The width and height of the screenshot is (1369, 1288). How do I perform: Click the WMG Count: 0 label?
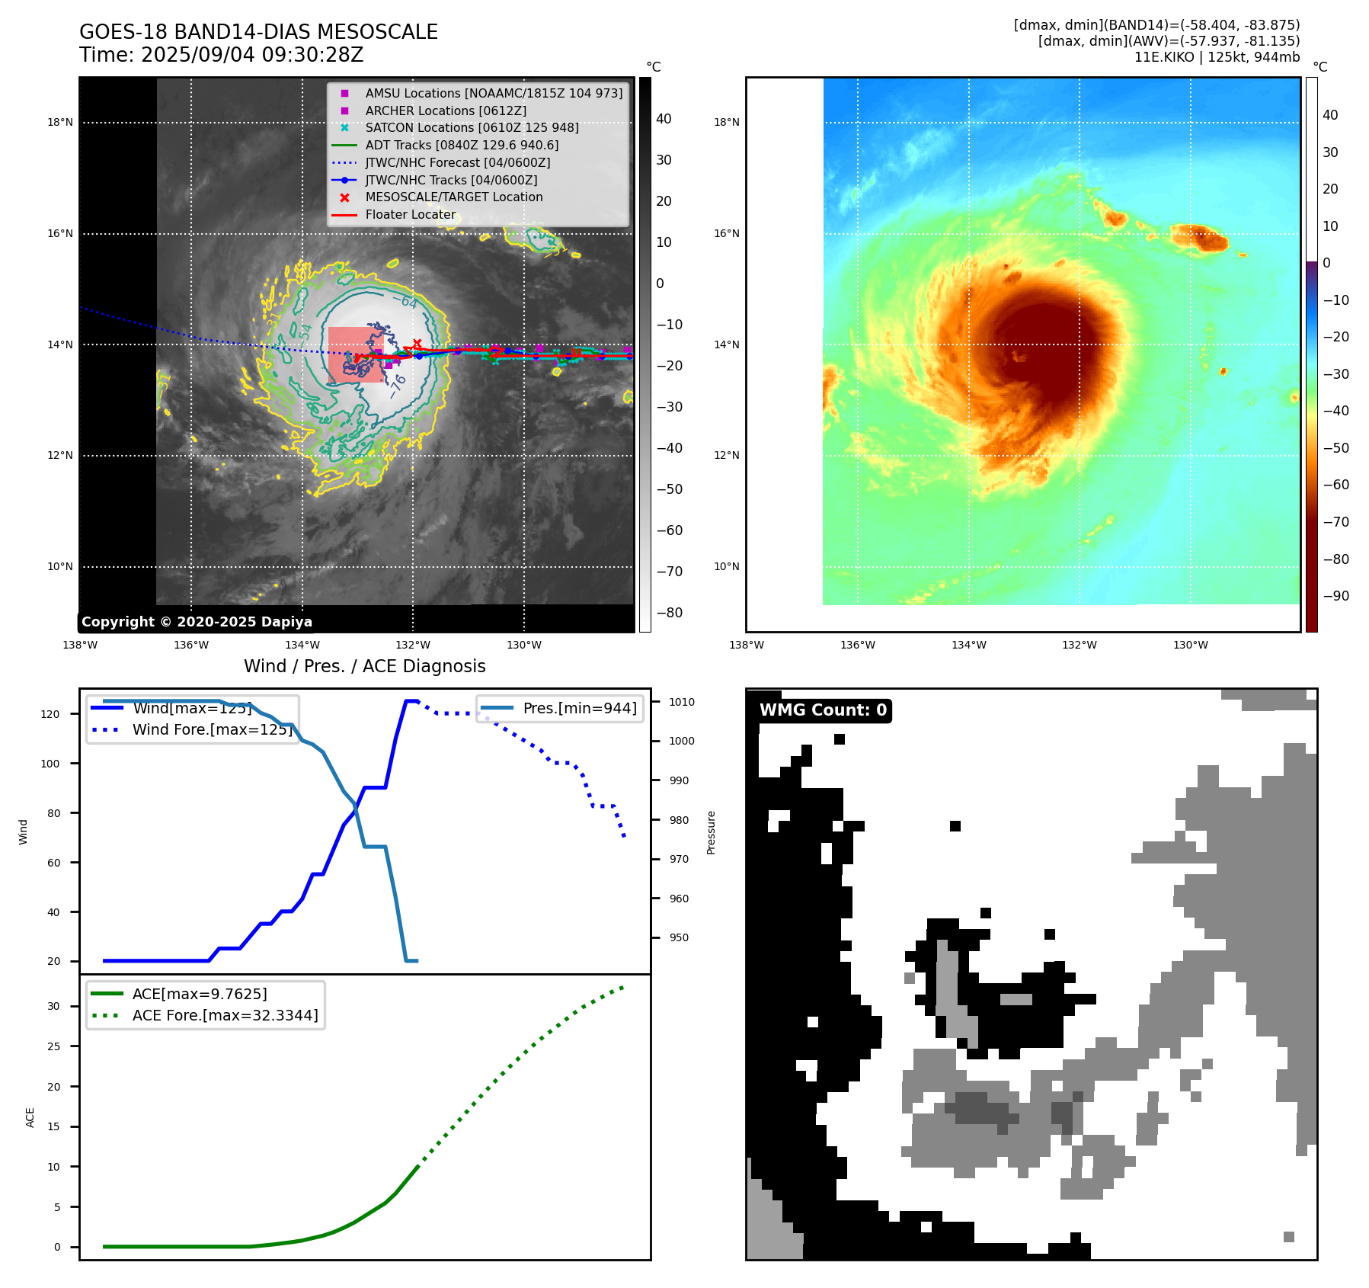tap(823, 710)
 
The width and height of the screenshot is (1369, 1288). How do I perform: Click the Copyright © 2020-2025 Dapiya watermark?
tap(197, 622)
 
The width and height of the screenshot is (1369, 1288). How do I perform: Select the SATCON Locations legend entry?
tap(472, 128)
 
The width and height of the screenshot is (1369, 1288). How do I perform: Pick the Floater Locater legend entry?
tap(410, 215)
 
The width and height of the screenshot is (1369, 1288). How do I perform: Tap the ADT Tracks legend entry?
tap(462, 145)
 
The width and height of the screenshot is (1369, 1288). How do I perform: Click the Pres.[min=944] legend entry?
tap(579, 708)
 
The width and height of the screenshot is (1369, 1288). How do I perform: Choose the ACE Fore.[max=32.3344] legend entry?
tap(225, 1015)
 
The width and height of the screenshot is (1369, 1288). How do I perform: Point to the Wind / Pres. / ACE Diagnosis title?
tap(364, 666)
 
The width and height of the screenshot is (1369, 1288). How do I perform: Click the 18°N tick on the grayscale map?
tap(60, 122)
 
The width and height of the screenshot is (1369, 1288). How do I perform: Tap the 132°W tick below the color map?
tap(1080, 645)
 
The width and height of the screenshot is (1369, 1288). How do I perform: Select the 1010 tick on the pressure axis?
tap(682, 702)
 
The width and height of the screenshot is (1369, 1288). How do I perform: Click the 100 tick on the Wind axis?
tap(50, 764)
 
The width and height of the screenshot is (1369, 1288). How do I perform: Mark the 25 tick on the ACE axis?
tap(53, 1046)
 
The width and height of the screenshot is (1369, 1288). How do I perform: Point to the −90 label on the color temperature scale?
tap(1335, 596)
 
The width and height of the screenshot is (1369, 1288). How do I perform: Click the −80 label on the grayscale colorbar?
tap(670, 613)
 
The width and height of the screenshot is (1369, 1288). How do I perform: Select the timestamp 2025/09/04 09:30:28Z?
tap(252, 56)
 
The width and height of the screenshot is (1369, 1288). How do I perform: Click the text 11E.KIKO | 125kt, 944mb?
tap(1217, 57)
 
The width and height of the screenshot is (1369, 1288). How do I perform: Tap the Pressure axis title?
tap(711, 832)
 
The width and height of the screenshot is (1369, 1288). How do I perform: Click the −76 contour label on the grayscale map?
tap(397, 386)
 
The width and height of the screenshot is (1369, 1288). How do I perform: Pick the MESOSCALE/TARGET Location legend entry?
tap(454, 197)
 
